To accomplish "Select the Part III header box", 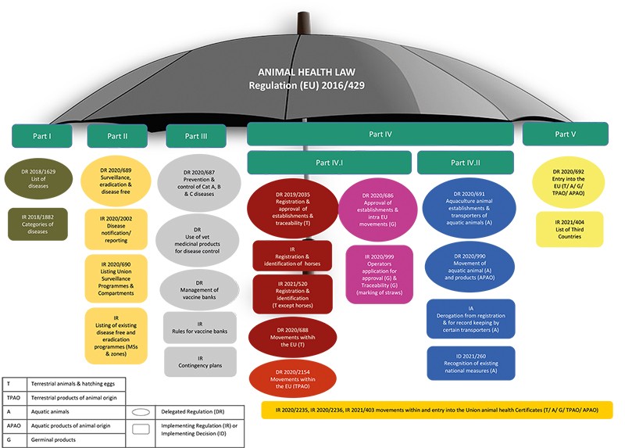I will click(x=196, y=135).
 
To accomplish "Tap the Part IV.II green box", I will click(x=466, y=163).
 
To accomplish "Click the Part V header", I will click(x=566, y=134).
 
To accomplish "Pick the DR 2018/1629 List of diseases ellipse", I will click(x=38, y=176).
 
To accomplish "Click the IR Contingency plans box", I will click(x=197, y=362).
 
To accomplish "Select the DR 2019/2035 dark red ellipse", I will click(x=292, y=210).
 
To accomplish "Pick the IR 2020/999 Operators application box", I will click(x=378, y=274).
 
